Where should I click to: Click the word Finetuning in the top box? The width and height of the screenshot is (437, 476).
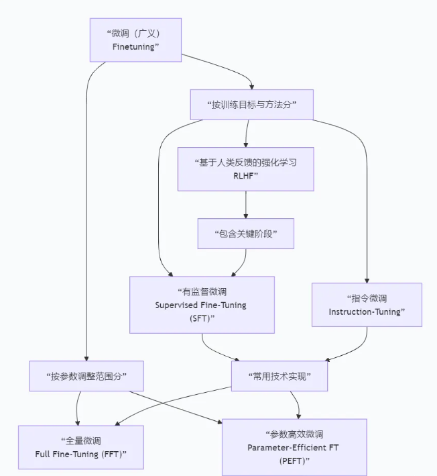(136, 46)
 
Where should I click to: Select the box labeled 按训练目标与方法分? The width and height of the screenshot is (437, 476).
(252, 105)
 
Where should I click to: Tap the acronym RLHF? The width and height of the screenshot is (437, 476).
(245, 176)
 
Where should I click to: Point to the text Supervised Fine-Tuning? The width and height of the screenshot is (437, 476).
(200, 305)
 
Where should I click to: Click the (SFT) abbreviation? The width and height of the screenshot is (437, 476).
(201, 318)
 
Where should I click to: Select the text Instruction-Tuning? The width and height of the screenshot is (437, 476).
(367, 312)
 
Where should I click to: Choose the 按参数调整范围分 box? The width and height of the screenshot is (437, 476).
(86, 376)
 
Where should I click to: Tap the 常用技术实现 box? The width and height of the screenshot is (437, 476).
(279, 376)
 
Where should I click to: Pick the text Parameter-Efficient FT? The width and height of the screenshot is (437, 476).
(294, 447)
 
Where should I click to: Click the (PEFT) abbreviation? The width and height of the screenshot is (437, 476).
(295, 461)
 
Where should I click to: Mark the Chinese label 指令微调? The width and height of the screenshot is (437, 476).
(367, 297)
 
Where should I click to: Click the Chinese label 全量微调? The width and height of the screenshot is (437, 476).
(80, 441)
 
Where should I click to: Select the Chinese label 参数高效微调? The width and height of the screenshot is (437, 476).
(294, 434)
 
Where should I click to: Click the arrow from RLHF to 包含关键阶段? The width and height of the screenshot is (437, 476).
(247, 204)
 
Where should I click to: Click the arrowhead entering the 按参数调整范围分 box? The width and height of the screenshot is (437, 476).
(86, 358)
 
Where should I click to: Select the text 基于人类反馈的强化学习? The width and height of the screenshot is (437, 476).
(245, 162)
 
